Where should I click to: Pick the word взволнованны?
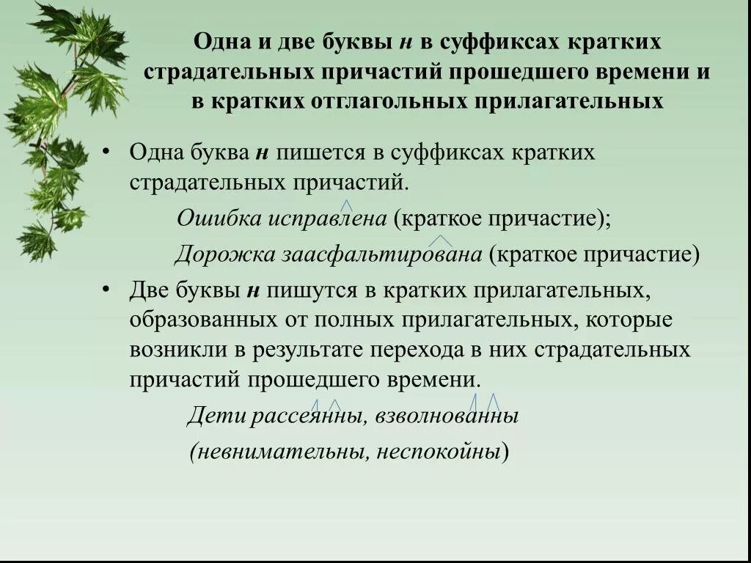(x=447, y=416)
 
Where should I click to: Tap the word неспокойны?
(x=439, y=452)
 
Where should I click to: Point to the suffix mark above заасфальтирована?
(x=440, y=240)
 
